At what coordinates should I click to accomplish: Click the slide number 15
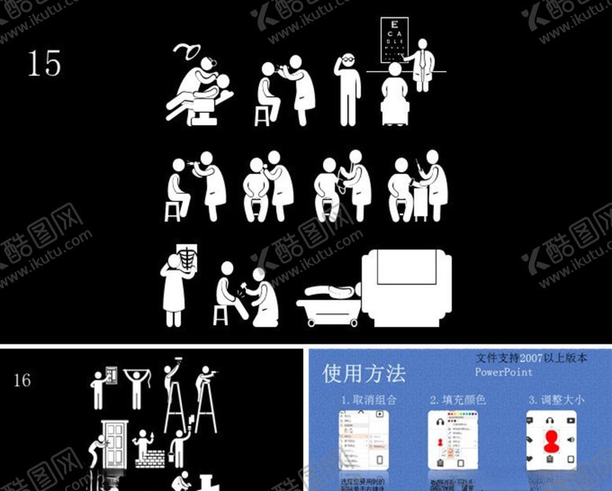point(44,63)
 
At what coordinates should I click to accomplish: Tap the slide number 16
point(22,381)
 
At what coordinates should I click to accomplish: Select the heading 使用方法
point(364,373)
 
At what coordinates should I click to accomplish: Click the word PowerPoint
point(503,372)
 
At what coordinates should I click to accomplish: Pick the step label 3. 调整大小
point(556,400)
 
